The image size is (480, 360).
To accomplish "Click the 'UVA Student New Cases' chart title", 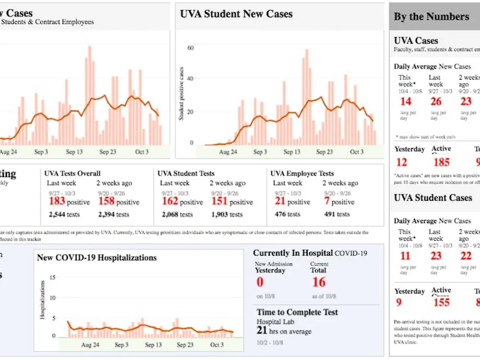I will coord(236,14).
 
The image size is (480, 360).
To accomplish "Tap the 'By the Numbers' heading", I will coord(431,17).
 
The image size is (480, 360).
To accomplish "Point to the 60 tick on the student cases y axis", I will coord(190,48).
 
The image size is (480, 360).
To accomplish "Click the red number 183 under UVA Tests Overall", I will coord(57,201).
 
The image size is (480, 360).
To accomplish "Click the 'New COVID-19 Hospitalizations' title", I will coord(96,258).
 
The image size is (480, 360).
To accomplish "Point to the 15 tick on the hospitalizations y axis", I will coord(53,277).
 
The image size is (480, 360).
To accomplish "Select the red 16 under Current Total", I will coord(319,282).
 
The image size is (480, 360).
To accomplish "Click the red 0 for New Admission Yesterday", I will coord(260,282).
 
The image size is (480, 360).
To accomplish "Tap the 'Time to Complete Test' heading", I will coord(297,312).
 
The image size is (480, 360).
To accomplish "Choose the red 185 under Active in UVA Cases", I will coord(441,163).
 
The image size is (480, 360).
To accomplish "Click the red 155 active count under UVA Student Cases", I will coord(441,302).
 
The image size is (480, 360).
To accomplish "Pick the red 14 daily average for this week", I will coord(406,101).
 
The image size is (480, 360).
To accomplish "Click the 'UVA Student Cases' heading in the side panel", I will coord(433,198).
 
